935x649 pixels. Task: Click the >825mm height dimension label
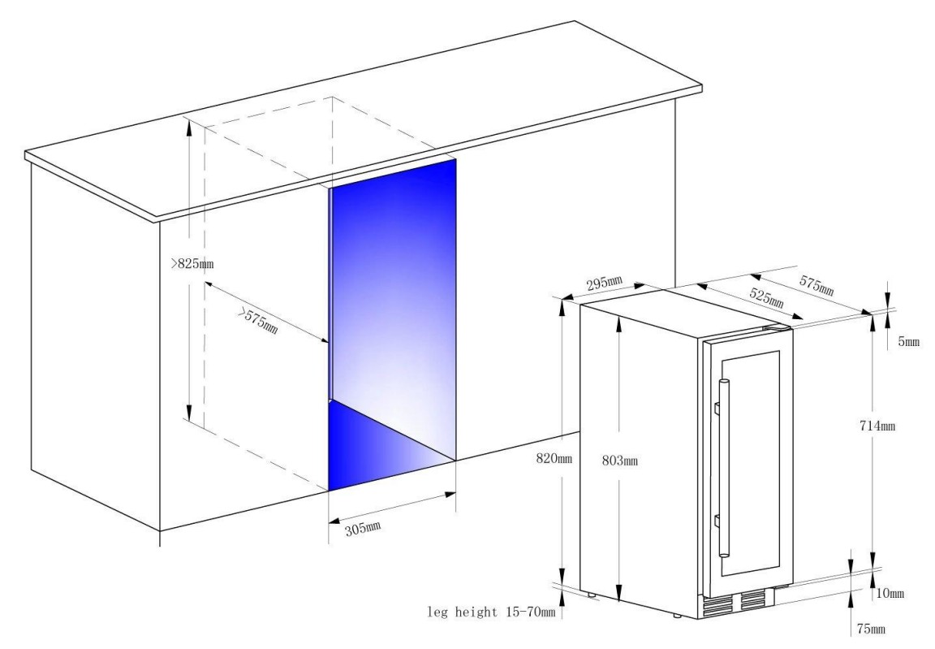[192, 263]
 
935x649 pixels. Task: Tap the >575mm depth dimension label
[259, 321]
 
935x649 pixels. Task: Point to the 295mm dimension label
[605, 283]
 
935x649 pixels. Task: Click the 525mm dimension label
[766, 297]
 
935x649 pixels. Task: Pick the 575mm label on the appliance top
[817, 285]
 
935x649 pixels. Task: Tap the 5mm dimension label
[909, 343]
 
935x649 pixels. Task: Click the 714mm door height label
[877, 426]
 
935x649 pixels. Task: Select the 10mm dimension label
[890, 593]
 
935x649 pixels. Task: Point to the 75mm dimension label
[871, 629]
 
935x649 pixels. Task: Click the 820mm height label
[554, 458]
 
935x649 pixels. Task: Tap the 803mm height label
[619, 461]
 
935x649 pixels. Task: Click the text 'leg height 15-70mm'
[491, 612]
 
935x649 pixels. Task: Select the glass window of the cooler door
[750, 464]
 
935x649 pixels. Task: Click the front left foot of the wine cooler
[676, 614]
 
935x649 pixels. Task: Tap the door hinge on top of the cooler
[777, 327]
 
